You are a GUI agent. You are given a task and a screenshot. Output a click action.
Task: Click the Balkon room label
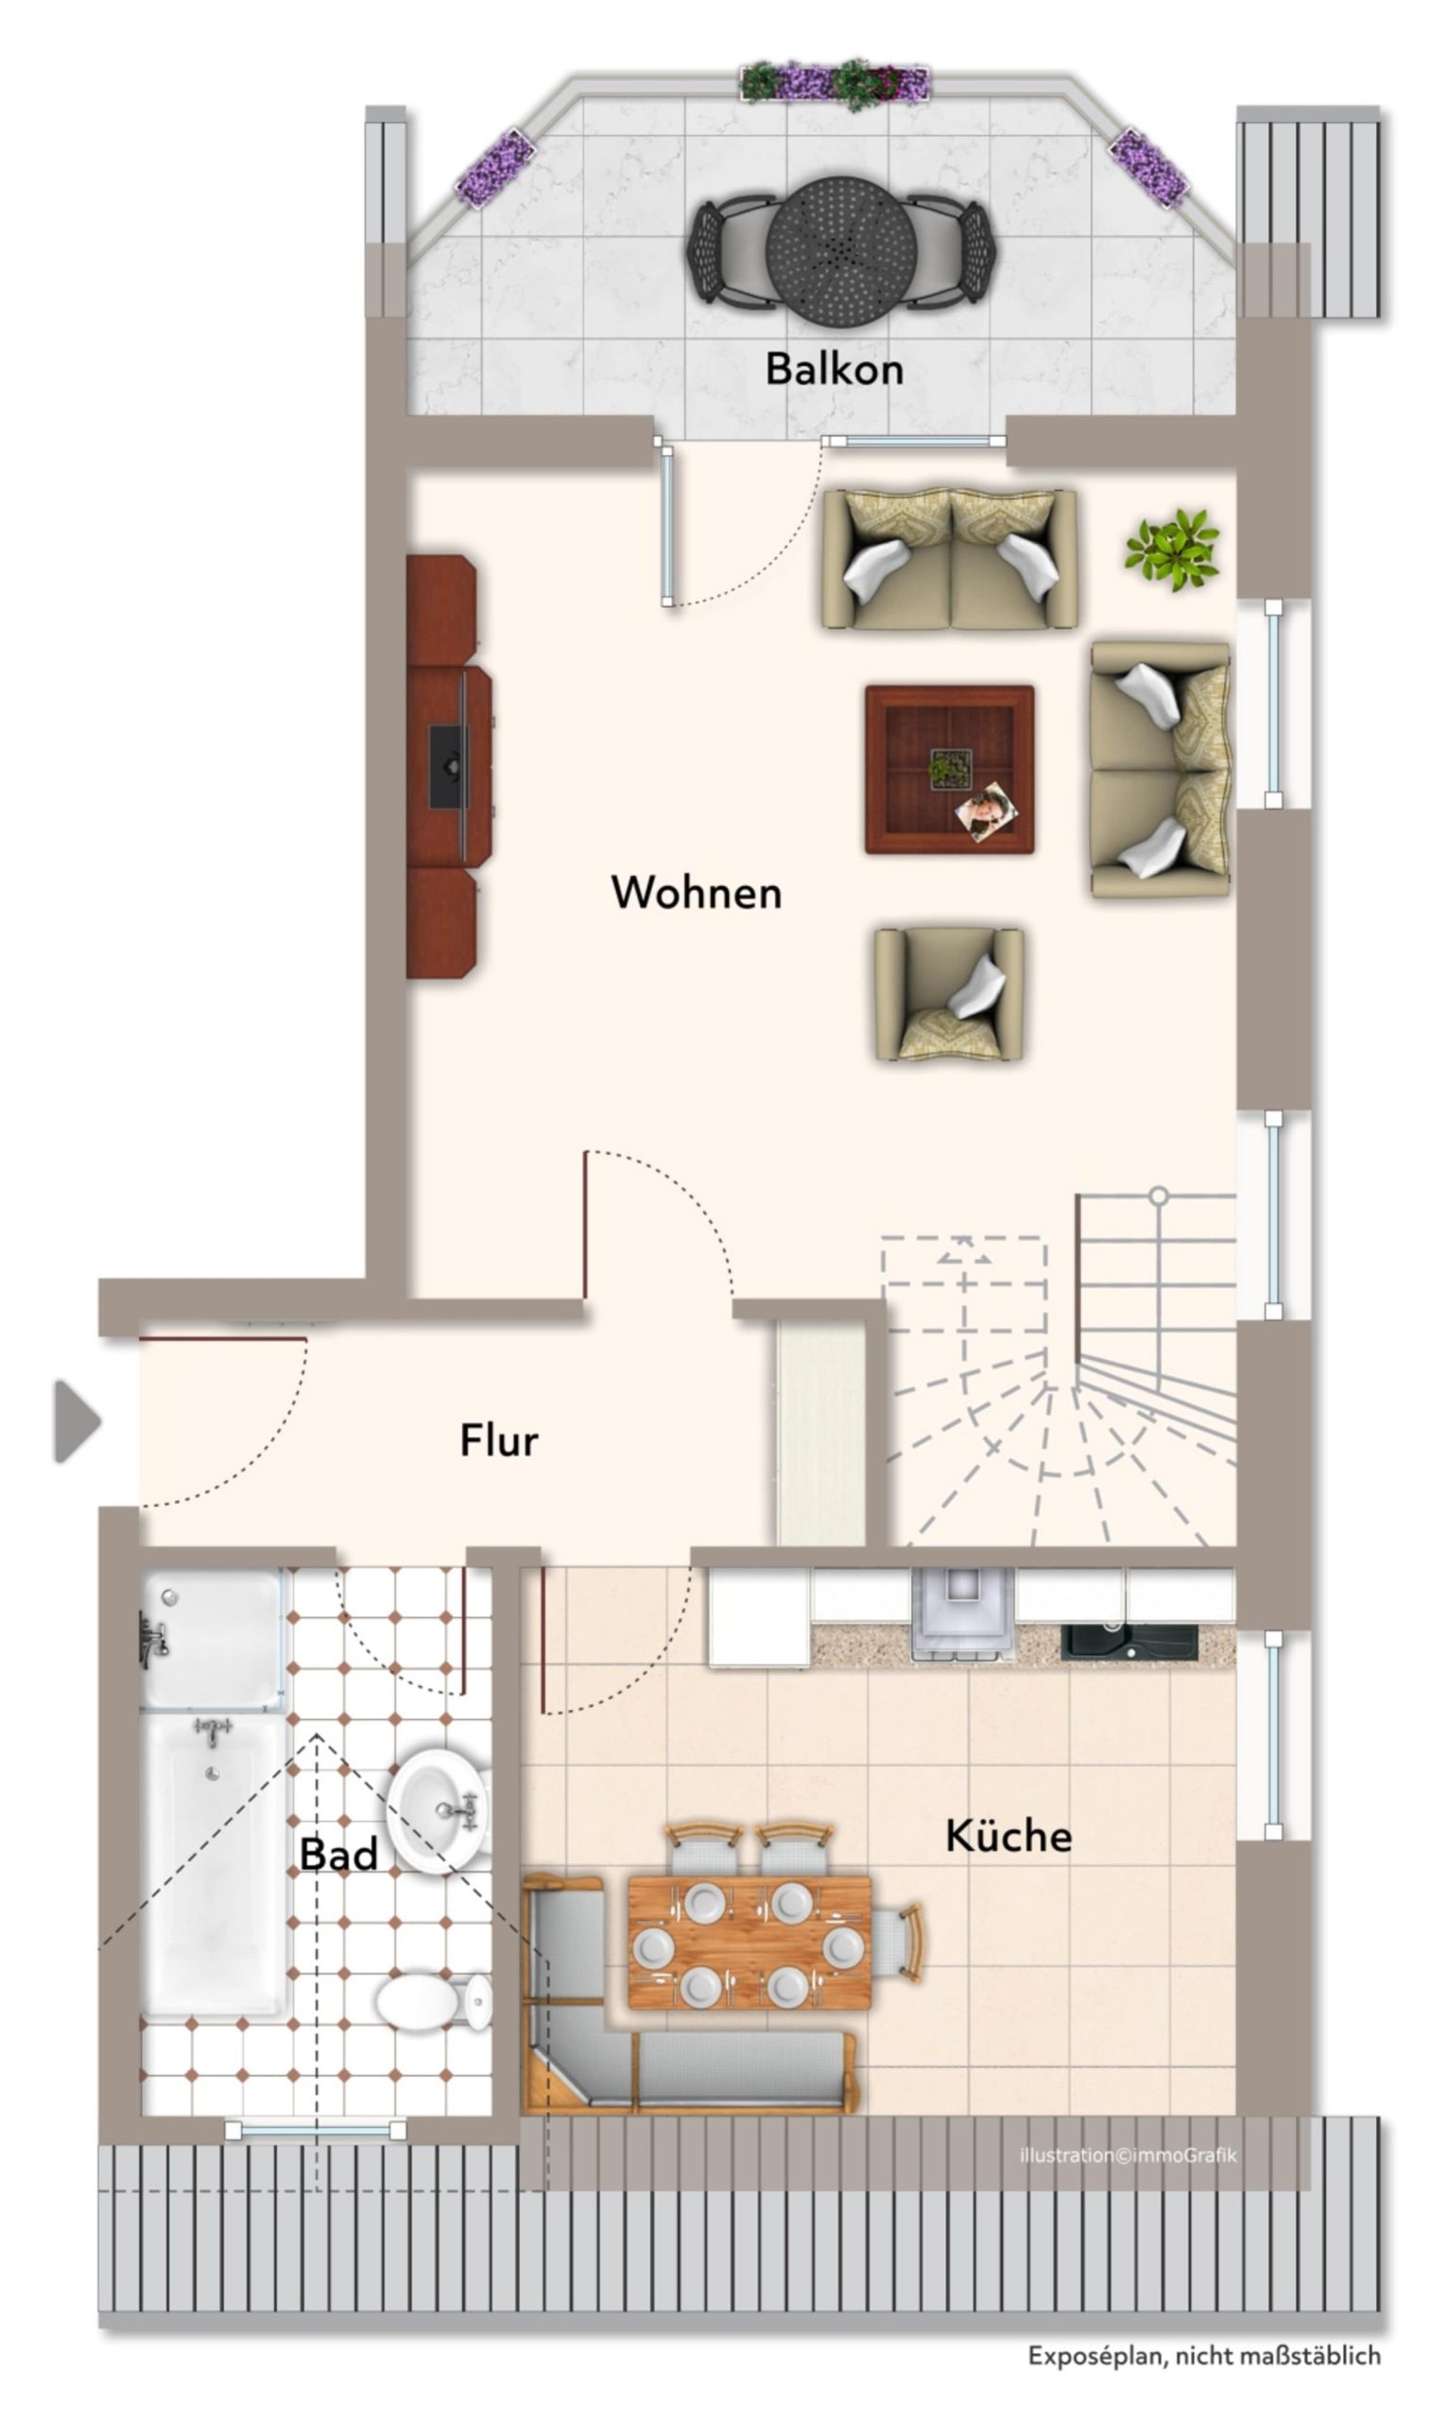[x=834, y=369]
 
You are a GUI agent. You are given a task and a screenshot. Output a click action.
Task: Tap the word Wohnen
[x=697, y=892]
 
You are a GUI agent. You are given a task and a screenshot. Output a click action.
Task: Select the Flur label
[x=498, y=1440]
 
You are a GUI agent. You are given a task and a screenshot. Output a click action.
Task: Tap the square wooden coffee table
[x=950, y=770]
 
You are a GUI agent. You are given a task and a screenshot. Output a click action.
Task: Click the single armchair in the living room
[x=949, y=995]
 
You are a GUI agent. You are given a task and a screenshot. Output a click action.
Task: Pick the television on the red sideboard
[x=448, y=767]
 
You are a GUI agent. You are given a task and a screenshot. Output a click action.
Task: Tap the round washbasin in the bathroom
[x=439, y=1811]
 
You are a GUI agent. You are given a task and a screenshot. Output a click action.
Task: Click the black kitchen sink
[x=1129, y=1643]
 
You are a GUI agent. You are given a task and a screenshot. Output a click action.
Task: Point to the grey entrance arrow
[x=78, y=1420]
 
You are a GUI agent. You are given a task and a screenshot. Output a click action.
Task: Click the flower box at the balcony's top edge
[x=836, y=84]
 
